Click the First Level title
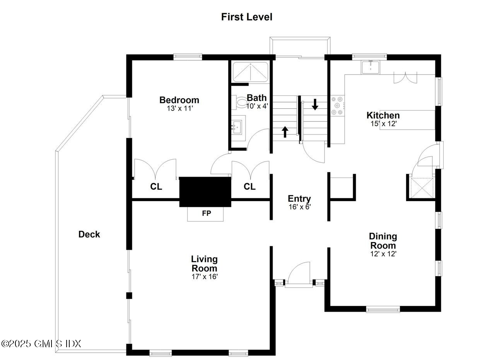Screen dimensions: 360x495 [x=247, y=17]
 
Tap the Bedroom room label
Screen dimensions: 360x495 [x=179, y=100]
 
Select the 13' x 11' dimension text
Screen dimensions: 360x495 [x=179, y=109]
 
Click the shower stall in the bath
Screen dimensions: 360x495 [x=250, y=72]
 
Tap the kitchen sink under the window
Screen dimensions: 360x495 [x=371, y=67]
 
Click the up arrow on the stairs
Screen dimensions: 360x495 [x=285, y=131]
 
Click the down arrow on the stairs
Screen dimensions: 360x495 [x=315, y=104]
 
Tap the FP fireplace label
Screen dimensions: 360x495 [x=206, y=213]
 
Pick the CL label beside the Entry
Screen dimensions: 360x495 [x=249, y=187]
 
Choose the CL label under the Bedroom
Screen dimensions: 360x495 [x=156, y=187]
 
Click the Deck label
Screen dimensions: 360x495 [x=89, y=234]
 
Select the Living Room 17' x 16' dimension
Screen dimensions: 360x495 [x=204, y=277]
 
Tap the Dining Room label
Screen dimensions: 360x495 [x=383, y=241]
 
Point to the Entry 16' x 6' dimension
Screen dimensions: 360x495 [x=299, y=207]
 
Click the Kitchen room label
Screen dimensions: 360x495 [x=383, y=115]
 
